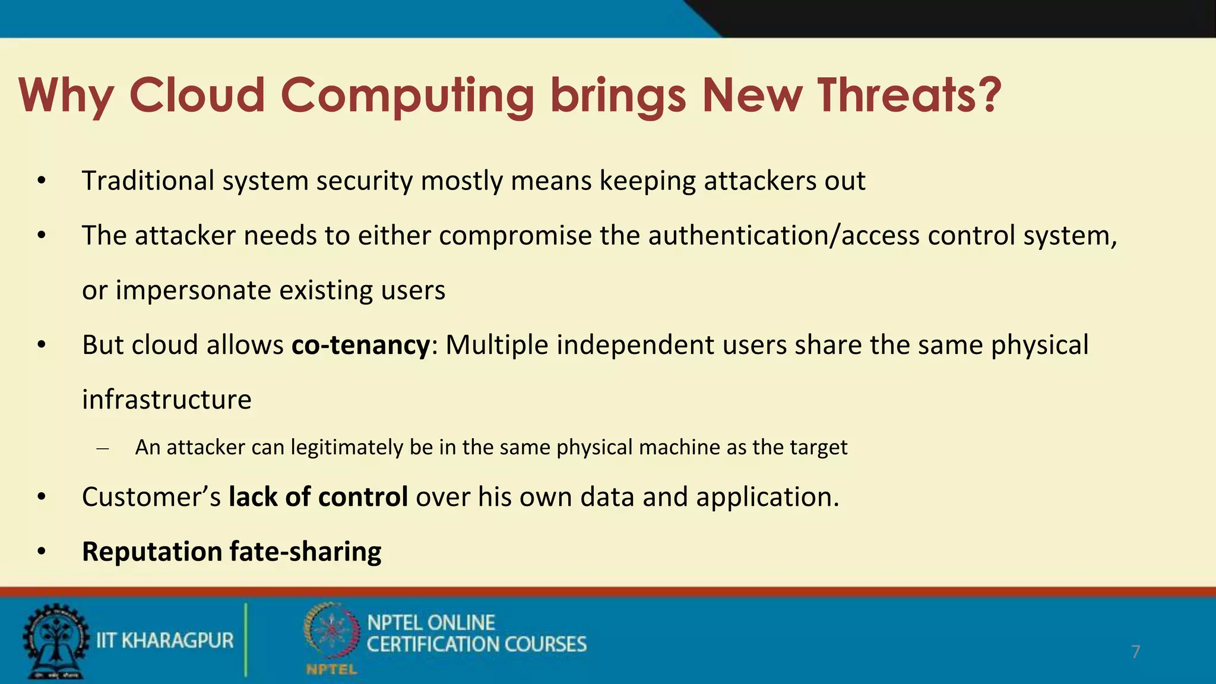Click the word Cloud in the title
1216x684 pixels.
197,95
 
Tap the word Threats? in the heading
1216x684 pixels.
910,95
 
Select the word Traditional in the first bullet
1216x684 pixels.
148,180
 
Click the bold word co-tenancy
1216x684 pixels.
360,345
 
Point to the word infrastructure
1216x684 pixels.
167,400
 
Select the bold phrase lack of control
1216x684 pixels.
318,497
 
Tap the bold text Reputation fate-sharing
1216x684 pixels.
232,552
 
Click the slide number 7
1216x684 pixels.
1135,652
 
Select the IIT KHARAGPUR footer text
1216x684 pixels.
165,641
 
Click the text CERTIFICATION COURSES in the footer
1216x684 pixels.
476,644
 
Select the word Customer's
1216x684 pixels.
151,497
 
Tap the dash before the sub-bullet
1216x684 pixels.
102,448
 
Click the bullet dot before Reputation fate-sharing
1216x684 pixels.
41,552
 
